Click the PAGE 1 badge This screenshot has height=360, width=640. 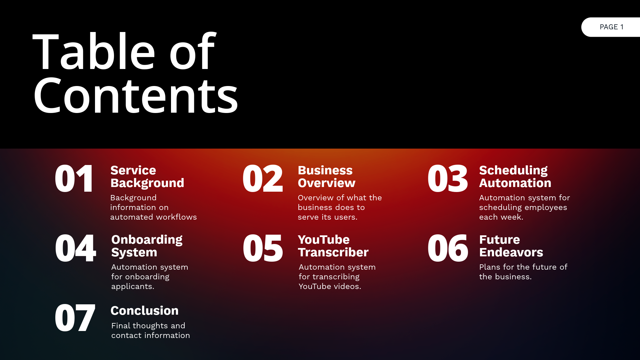(611, 27)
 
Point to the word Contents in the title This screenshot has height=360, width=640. (136, 96)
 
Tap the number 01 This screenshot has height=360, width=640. (74, 179)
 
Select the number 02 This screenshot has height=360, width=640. (263, 179)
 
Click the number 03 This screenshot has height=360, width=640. (448, 179)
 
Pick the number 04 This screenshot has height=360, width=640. (75, 248)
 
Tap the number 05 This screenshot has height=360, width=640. (263, 248)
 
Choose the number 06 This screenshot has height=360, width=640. (448, 248)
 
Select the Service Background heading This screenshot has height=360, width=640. (147, 177)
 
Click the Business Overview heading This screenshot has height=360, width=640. (326, 177)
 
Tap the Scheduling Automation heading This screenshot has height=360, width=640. (515, 177)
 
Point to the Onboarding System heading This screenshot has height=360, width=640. (147, 246)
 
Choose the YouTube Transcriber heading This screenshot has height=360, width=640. (333, 246)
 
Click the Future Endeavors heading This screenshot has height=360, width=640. (511, 246)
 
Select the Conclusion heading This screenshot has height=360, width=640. (144, 311)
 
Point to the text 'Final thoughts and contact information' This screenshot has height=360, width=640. (150, 330)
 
